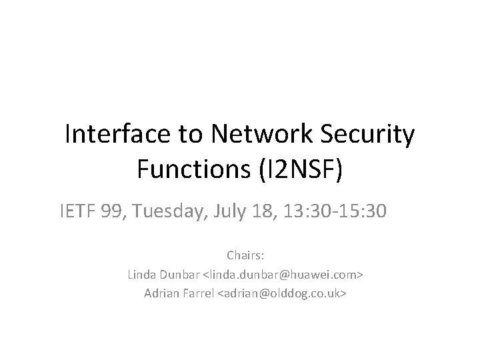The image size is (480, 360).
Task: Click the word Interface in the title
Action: [x=117, y=135]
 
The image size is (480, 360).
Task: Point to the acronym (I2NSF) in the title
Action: [x=300, y=169]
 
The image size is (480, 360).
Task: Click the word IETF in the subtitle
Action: [x=75, y=211]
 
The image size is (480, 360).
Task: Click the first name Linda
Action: [x=141, y=275]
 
